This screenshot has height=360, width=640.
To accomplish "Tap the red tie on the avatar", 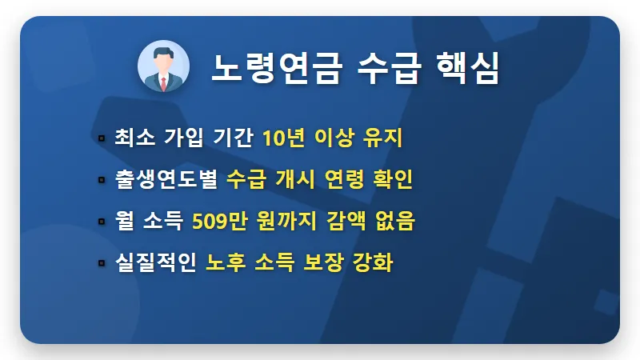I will pos(163,82).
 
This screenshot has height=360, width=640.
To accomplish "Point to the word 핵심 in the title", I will pos(465,68).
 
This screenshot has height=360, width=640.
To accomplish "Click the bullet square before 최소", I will pos(102,139).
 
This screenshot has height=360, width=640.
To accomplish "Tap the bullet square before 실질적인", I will pos(102,262).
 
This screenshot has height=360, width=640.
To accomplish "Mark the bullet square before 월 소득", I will pos(102,222).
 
